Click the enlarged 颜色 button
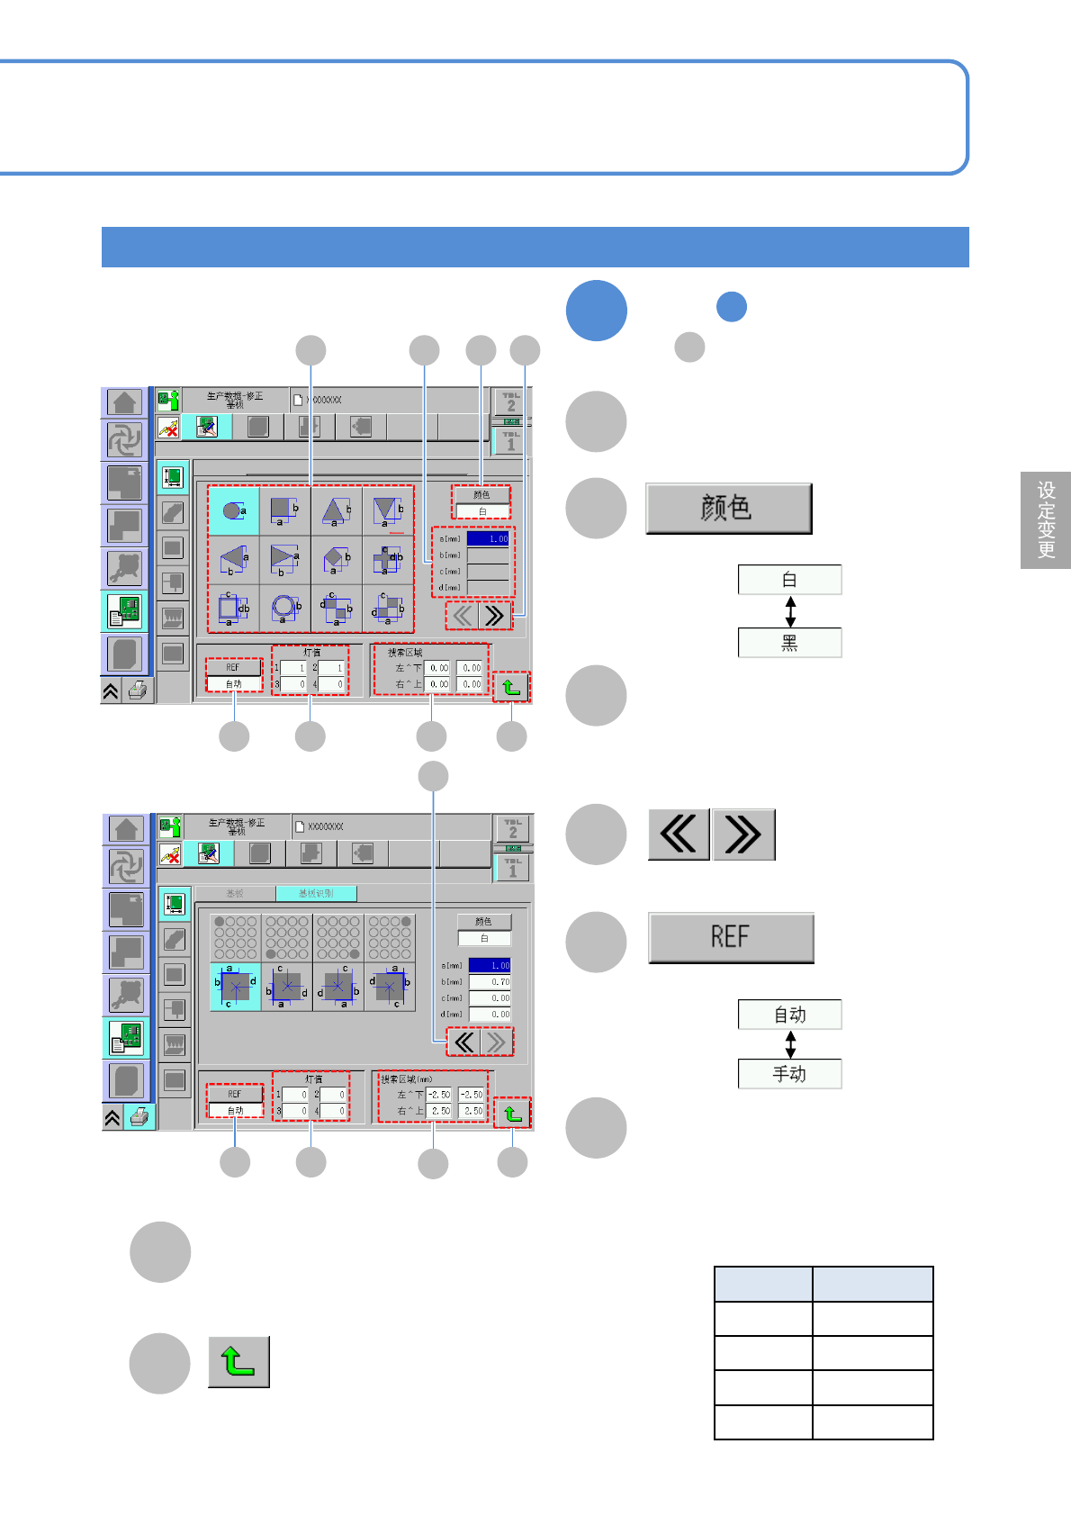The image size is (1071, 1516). click(x=728, y=509)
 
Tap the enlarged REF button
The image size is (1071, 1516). click(x=731, y=937)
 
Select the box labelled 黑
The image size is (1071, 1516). click(x=789, y=643)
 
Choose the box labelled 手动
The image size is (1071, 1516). click(x=789, y=1074)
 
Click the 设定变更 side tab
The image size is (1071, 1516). click(x=1046, y=520)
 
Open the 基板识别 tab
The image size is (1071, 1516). click(x=316, y=893)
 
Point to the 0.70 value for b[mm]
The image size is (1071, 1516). click(x=490, y=981)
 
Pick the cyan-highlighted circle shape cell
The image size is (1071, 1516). click(x=233, y=510)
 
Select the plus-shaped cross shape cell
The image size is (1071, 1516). click(x=389, y=559)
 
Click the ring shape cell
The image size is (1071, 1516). click(x=285, y=608)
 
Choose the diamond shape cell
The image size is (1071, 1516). click(x=337, y=559)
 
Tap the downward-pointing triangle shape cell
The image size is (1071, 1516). click(x=388, y=510)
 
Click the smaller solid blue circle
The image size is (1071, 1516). click(x=732, y=307)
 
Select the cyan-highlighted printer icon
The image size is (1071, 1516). click(x=139, y=1117)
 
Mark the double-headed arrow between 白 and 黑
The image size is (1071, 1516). click(x=790, y=611)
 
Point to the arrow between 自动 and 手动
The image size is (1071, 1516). click(x=790, y=1044)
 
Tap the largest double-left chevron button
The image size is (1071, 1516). click(x=679, y=834)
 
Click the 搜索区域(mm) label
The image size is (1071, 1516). click(x=406, y=1078)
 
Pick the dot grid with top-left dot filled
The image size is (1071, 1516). click(x=235, y=937)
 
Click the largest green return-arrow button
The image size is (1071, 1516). click(x=238, y=1361)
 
